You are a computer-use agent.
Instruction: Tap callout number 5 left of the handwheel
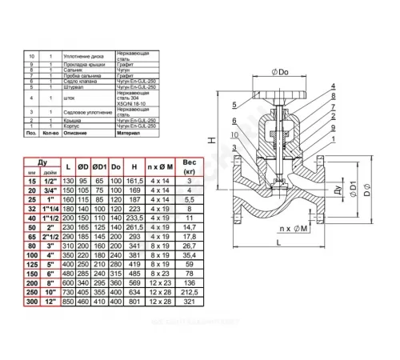point(231,105)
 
